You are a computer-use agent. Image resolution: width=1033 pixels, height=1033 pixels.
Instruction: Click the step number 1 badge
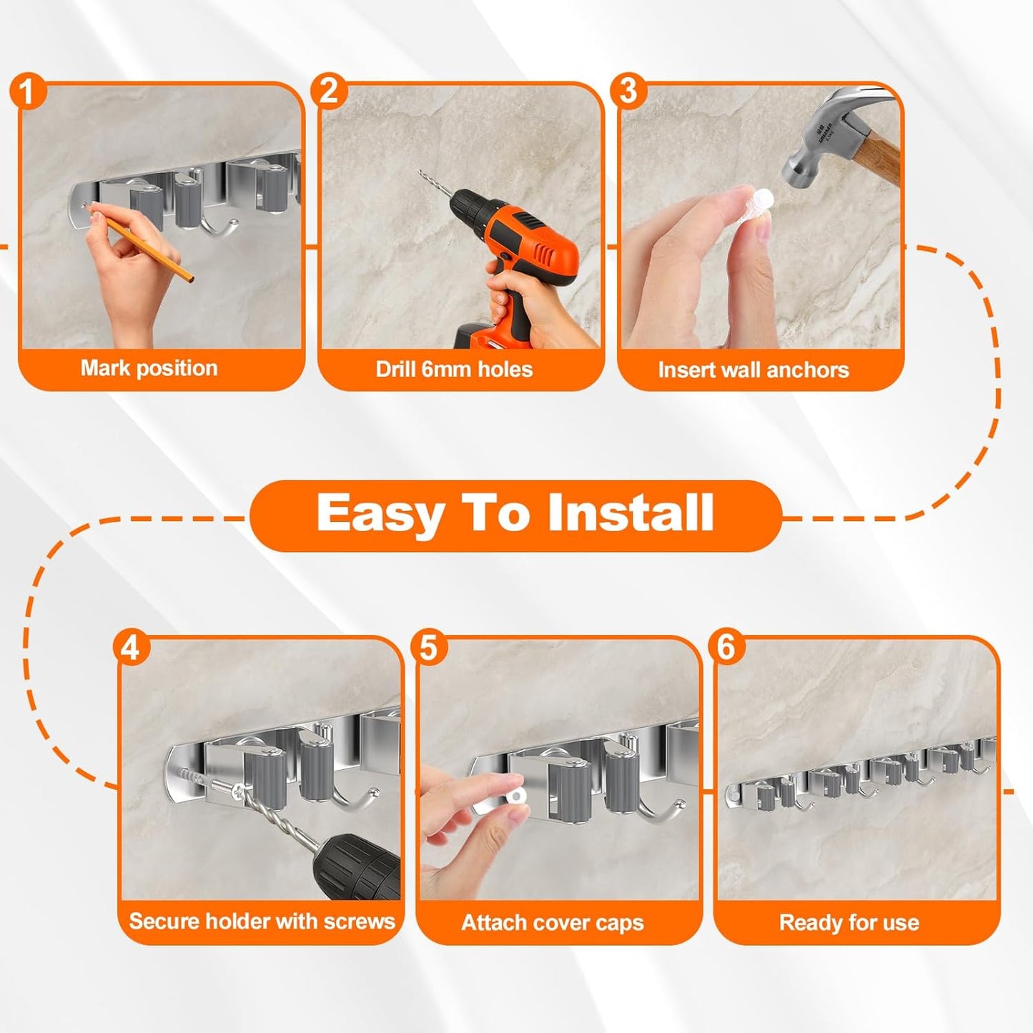(27, 92)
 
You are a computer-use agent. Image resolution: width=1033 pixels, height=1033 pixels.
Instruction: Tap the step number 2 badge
(328, 92)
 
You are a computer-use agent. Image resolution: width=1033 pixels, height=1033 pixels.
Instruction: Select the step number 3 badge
(628, 92)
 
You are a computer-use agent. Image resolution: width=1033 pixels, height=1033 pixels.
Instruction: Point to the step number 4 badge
(130, 648)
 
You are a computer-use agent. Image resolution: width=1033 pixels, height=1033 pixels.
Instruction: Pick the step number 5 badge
(428, 648)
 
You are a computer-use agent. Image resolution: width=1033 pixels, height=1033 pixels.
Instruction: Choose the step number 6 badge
(726, 647)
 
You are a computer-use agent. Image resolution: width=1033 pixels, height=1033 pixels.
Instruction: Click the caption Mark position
(149, 368)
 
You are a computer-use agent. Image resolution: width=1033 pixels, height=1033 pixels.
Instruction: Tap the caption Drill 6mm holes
(454, 369)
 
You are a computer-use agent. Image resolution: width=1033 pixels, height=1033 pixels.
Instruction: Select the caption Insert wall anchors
(753, 370)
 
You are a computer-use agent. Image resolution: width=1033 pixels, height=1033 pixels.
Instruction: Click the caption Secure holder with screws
(262, 921)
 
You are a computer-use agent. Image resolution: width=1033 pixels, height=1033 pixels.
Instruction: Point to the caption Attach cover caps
(553, 922)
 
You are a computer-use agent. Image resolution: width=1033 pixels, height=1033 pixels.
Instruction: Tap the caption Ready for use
(849, 922)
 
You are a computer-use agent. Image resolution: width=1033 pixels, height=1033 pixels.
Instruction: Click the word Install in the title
(630, 513)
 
